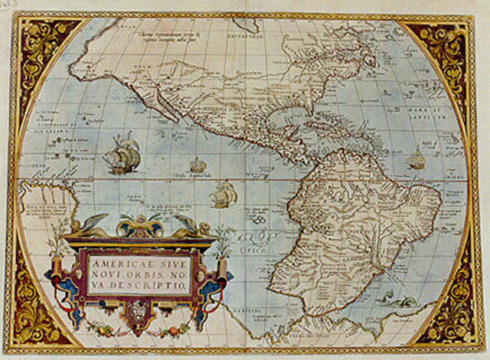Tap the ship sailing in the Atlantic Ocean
(x=416, y=159)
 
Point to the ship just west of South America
(x=223, y=195)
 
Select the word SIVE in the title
(x=171, y=260)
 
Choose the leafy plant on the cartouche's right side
(x=223, y=241)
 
